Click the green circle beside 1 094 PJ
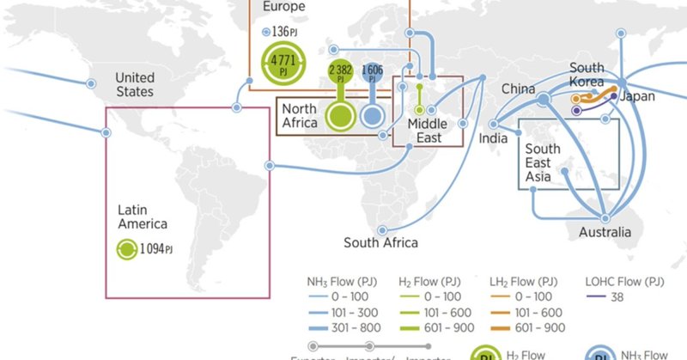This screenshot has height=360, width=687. (126, 249)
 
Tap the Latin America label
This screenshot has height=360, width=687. (143, 216)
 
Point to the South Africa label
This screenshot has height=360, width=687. (380, 242)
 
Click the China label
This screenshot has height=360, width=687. (519, 88)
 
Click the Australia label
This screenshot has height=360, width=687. (605, 232)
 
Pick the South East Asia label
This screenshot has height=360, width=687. (542, 162)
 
